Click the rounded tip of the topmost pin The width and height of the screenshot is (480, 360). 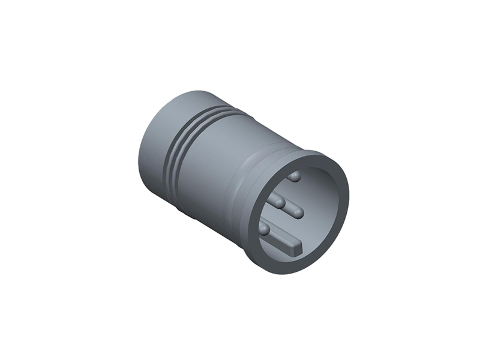tap(295, 176)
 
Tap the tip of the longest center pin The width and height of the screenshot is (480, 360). tap(298, 212)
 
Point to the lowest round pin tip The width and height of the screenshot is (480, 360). tap(264, 229)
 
